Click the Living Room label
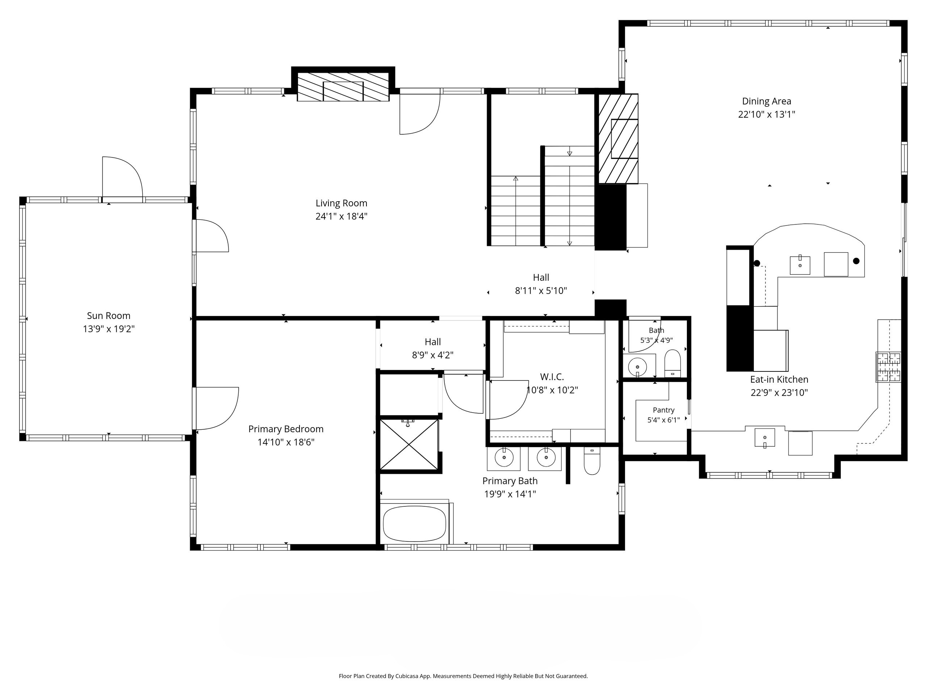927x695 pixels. coord(341,203)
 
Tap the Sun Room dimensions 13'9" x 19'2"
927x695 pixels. coord(109,329)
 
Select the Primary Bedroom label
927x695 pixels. coord(286,429)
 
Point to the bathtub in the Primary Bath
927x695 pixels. coord(415,524)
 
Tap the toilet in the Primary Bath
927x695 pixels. coord(592,461)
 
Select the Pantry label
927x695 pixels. coord(663,410)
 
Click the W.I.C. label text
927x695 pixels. coord(551,376)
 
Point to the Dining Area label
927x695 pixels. coord(767,101)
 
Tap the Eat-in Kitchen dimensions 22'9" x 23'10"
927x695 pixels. coord(779,392)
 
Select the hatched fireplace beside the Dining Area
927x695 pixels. coord(618,139)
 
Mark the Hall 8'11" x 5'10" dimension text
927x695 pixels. coord(541,290)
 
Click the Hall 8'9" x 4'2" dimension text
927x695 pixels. coord(432,355)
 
